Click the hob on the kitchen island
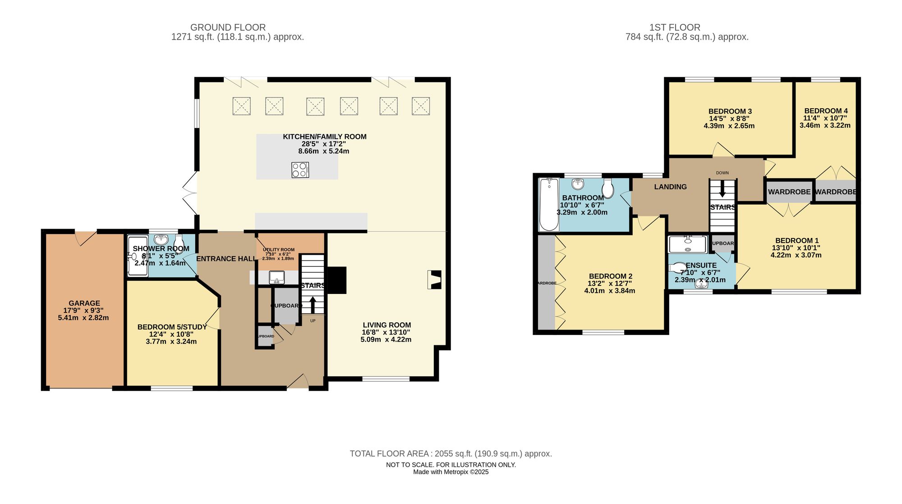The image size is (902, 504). click(300, 170)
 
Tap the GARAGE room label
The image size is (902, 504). click(84, 303)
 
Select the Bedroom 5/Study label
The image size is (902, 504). click(172, 327)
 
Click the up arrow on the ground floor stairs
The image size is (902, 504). click(313, 304)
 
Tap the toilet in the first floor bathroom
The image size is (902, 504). click(607, 188)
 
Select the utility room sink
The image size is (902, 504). click(276, 277)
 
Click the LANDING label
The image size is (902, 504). click(670, 187)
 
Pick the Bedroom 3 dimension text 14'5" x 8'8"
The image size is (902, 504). click(729, 119)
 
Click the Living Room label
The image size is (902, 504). click(387, 325)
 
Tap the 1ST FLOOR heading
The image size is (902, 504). click(675, 27)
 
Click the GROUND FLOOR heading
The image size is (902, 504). click(228, 27)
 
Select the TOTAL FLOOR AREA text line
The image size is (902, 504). click(451, 454)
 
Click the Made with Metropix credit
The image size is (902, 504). click(451, 472)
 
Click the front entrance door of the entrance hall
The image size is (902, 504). click(298, 382)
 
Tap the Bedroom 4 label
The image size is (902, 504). click(826, 110)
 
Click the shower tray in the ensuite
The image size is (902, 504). click(687, 244)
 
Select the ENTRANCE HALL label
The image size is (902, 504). click(226, 259)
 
